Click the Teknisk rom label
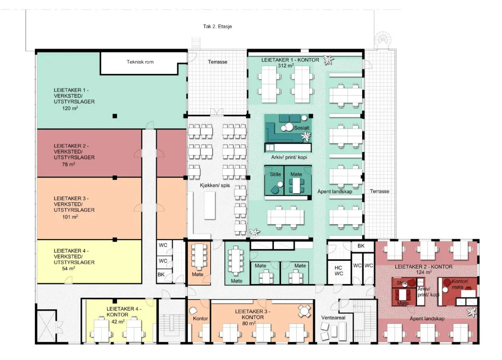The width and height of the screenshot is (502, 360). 140,62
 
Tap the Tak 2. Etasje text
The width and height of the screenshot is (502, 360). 217,26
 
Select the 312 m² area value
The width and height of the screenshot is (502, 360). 286,66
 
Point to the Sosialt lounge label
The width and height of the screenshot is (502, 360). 302,128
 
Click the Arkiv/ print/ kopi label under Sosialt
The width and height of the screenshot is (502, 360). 289,157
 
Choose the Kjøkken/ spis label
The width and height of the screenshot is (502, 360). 215,186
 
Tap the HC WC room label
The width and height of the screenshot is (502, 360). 339,270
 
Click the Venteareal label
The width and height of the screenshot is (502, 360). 333,318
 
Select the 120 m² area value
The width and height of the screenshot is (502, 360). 70,108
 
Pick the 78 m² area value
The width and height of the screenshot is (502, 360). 69,164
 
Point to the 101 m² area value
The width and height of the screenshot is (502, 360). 70,217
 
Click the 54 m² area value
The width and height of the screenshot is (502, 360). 69,268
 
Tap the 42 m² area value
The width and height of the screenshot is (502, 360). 118,322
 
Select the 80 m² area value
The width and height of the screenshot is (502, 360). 249,324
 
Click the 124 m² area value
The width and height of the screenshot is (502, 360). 424,272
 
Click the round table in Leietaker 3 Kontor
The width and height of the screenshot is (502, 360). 304,311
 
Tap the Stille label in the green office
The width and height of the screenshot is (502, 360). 275,174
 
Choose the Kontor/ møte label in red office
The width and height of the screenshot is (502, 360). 460,284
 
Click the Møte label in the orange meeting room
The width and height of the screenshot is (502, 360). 197,274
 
